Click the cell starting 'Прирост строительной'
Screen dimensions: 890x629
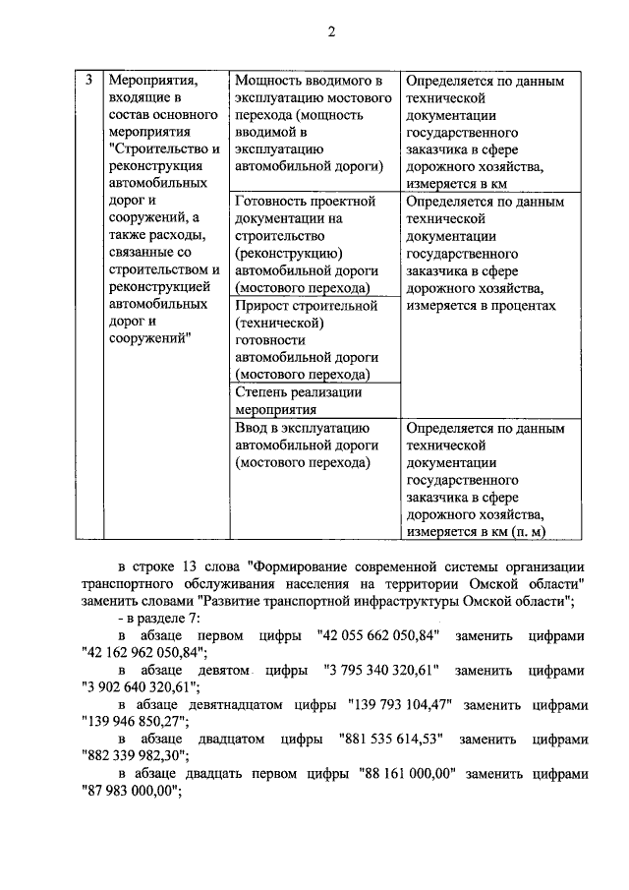306,339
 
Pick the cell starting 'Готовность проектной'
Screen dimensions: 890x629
306,244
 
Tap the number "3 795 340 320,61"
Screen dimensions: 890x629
379,669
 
